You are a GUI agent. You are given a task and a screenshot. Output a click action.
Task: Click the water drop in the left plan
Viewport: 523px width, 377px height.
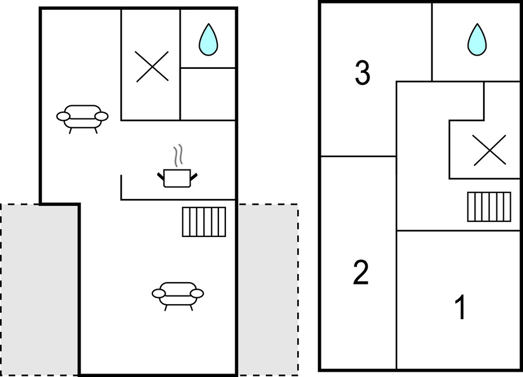pos(208,39)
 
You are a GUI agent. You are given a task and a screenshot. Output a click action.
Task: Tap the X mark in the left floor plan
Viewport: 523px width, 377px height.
pos(152,66)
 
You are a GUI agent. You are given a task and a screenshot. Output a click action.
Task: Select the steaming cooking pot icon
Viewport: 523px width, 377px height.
pos(177,177)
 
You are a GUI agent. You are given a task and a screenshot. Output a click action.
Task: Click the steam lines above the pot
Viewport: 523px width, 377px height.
pos(180,154)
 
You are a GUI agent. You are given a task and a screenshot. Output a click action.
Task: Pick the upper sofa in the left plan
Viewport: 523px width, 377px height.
pos(82,116)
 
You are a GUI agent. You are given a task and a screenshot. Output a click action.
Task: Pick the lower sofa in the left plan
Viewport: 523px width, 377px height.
pos(178,294)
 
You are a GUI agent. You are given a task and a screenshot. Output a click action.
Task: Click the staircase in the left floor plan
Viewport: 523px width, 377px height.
pos(204,221)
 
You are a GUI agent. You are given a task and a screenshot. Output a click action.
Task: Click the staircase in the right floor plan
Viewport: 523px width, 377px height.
pos(489,206)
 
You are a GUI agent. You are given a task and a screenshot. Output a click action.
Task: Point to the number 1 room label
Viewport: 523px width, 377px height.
pos(460,308)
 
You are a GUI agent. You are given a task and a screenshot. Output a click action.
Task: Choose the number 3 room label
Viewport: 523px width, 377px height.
pos(362,74)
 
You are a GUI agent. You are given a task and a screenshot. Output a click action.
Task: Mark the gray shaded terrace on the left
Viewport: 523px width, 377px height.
pos(39,289)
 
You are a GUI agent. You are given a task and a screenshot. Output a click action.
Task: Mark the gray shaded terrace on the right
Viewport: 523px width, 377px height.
pos(268,289)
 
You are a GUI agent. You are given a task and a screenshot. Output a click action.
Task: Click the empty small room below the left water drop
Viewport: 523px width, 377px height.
pos(208,94)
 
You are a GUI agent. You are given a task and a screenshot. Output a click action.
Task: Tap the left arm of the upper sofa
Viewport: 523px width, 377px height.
pos(63,116)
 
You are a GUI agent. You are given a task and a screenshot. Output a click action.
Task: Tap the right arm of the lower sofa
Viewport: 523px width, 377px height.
pos(198,293)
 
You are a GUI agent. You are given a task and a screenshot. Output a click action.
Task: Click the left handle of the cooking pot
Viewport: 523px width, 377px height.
pos(160,175)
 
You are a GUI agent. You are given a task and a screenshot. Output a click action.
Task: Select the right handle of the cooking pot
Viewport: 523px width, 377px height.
pos(195,175)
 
